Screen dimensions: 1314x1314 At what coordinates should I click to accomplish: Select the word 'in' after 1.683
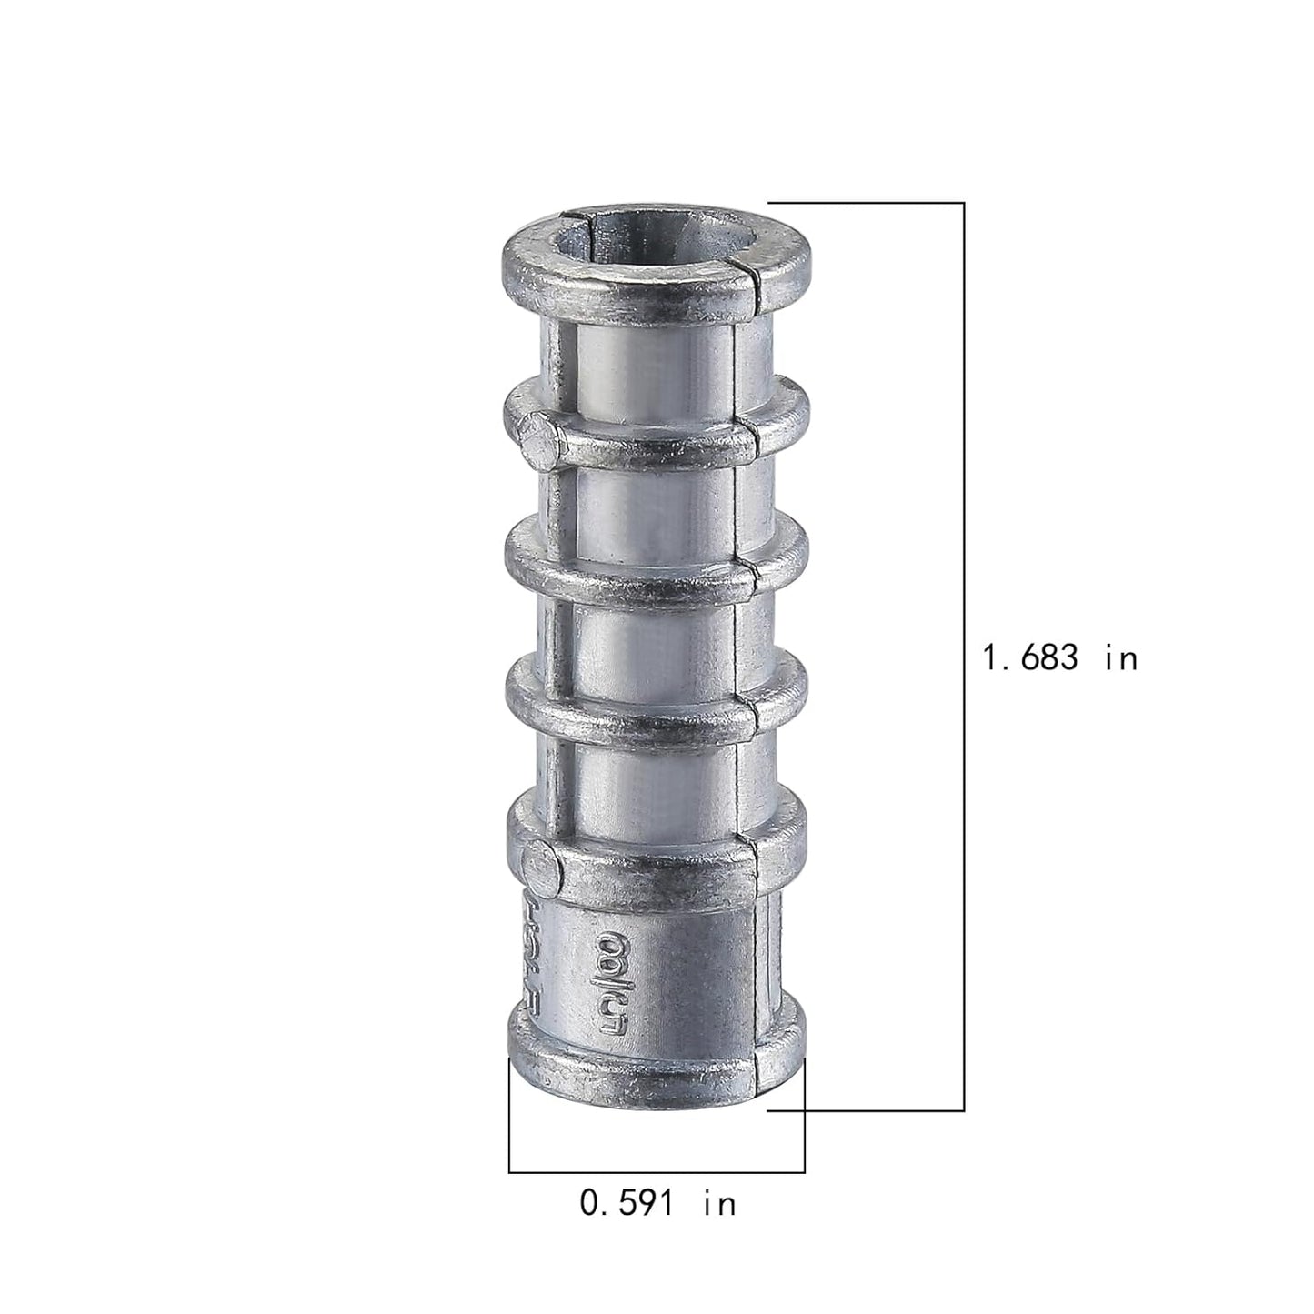click(x=1121, y=657)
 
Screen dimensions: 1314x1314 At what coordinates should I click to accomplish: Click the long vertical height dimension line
click(x=963, y=655)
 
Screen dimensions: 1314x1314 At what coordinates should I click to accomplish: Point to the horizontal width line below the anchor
click(x=657, y=1172)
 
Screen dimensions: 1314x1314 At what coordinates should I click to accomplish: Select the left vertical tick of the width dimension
click(x=509, y=1114)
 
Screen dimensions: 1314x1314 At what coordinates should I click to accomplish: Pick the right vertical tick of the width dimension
click(x=805, y=1114)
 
